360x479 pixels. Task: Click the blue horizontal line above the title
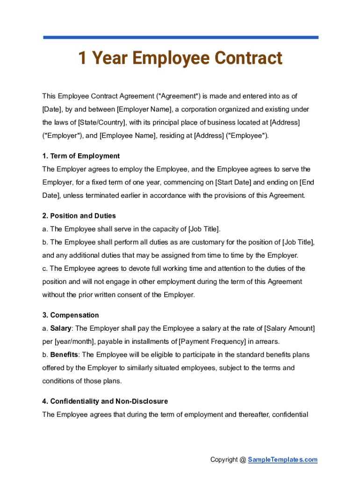point(180,37)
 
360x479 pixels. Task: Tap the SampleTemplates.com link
point(282,460)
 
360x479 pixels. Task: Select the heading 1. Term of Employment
point(81,156)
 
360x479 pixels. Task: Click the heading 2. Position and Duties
point(79,216)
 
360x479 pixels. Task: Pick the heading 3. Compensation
point(71,315)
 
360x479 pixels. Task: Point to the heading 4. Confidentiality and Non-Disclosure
point(105,401)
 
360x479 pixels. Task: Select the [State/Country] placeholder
point(101,123)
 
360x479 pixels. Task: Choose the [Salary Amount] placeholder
point(289,328)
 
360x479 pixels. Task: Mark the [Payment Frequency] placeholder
point(213,341)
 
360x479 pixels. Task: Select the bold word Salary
point(61,328)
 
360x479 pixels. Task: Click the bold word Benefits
point(64,355)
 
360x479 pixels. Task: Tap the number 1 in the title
point(82,58)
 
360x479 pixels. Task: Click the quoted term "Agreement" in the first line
point(178,96)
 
